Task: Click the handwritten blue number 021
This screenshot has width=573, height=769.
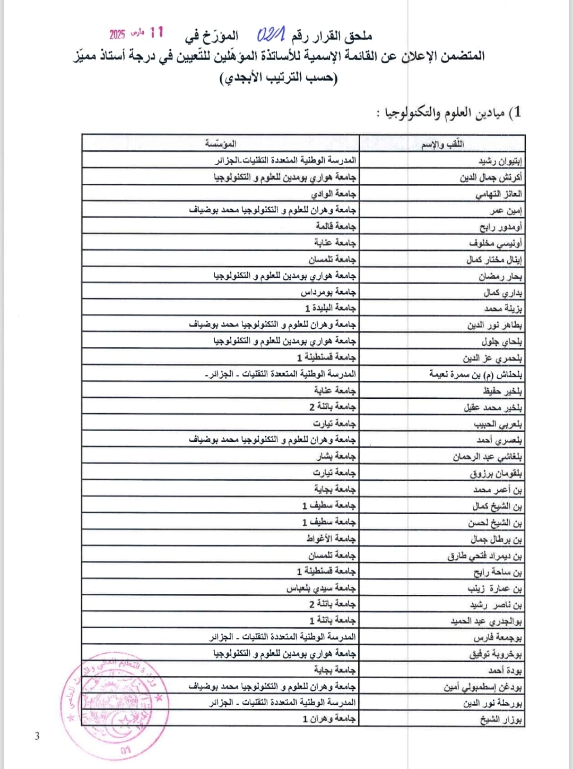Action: point(271,36)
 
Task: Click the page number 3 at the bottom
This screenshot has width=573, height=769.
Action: point(37,736)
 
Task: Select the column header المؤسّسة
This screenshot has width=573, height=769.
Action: point(221,144)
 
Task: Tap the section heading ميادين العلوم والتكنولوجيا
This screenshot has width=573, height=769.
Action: point(449,113)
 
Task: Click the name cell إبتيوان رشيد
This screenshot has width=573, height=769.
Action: point(500,161)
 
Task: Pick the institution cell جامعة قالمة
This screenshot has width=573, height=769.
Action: point(336,226)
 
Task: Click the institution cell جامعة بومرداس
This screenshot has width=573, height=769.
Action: point(328,292)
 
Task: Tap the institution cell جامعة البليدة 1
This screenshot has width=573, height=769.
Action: point(330,308)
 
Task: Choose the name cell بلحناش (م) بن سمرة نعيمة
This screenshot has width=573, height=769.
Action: point(475,374)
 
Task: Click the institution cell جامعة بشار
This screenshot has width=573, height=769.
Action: point(336,456)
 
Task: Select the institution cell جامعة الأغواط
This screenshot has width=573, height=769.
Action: point(331,539)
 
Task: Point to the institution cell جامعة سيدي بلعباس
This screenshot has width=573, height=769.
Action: point(321,588)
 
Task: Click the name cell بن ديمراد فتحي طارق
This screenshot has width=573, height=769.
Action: point(484,556)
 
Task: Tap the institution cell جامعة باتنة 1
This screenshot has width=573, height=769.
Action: point(333,620)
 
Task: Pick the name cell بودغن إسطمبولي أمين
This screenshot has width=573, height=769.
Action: point(483,687)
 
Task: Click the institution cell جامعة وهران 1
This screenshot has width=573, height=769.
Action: point(329,719)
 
